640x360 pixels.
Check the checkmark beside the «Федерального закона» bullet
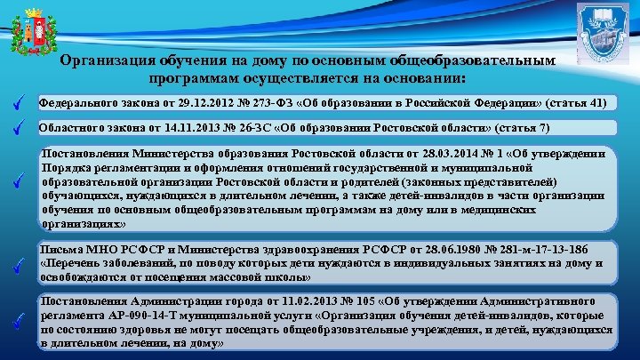19,103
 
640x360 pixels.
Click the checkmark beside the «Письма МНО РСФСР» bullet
19,264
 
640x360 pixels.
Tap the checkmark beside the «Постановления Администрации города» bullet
19,323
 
